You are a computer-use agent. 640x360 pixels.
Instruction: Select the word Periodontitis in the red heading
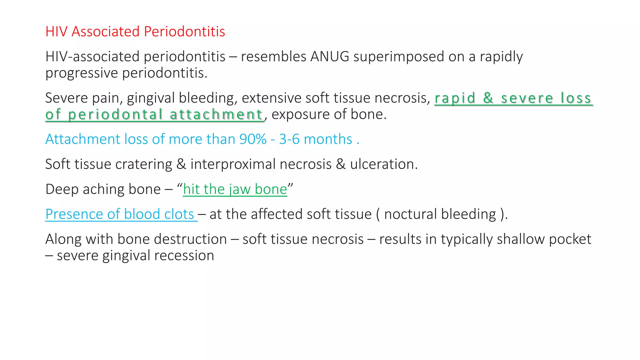click(x=184, y=32)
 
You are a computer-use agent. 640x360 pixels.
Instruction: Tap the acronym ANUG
click(x=330, y=57)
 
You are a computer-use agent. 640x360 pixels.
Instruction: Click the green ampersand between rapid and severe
click(x=488, y=98)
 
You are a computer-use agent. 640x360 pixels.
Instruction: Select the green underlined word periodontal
click(x=115, y=115)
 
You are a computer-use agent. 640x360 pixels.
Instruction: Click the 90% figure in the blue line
click(x=253, y=139)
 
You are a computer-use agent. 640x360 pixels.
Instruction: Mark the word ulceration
click(x=383, y=164)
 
